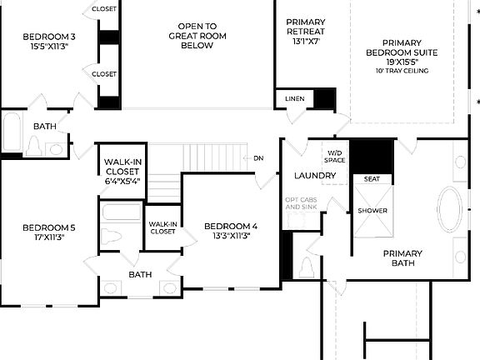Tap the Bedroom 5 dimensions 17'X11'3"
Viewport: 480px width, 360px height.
[49, 237]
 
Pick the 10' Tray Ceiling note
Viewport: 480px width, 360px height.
[402, 71]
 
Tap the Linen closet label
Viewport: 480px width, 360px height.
[294, 99]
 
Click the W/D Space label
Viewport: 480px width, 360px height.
[334, 156]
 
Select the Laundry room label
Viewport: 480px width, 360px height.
[315, 176]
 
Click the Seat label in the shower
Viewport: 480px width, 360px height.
[372, 178]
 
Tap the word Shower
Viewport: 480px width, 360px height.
[372, 211]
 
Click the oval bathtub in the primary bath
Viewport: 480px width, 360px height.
[451, 211]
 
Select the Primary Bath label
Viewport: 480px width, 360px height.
[402, 258]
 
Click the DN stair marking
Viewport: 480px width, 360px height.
[258, 157]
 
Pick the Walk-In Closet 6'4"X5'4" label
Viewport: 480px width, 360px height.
[122, 171]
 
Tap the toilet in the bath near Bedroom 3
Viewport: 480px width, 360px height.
[34, 146]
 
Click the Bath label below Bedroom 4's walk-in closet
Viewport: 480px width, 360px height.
[140, 274]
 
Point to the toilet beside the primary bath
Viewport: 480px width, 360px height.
[306, 267]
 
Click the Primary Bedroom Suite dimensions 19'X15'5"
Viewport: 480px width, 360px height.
[402, 62]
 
